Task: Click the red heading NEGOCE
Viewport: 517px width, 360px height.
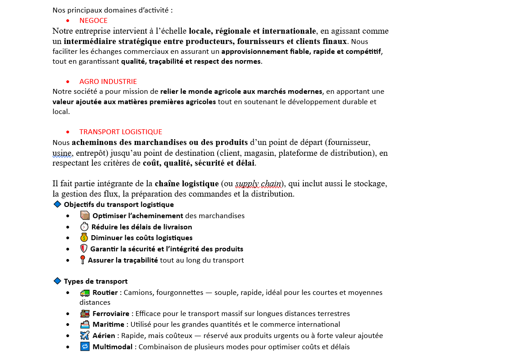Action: pyautogui.click(x=93, y=21)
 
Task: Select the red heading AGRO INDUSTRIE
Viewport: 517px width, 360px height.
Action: pyautogui.click(x=108, y=82)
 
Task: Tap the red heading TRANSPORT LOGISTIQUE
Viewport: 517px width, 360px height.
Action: pyautogui.click(x=120, y=132)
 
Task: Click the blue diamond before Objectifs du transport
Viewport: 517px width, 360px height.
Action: pyautogui.click(x=57, y=204)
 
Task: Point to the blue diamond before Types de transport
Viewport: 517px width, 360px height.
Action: pyautogui.click(x=57, y=281)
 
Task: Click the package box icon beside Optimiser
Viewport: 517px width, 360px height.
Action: pyautogui.click(x=85, y=215)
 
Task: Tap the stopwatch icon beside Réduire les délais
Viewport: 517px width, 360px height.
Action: pyautogui.click(x=84, y=227)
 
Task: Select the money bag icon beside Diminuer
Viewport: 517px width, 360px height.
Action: pyautogui.click(x=84, y=237)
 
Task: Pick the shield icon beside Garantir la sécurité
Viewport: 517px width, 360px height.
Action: pyautogui.click(x=83, y=249)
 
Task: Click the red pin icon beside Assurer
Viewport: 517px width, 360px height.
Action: pyautogui.click(x=83, y=260)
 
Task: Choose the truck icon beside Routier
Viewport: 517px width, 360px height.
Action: pyautogui.click(x=85, y=293)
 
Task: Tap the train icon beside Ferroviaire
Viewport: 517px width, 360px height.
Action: pyautogui.click(x=85, y=313)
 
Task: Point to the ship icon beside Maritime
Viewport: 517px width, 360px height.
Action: pyautogui.click(x=85, y=324)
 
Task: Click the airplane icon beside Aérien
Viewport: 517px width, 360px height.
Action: pyautogui.click(x=85, y=335)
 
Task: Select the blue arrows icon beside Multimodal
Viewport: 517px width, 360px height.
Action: pyautogui.click(x=85, y=347)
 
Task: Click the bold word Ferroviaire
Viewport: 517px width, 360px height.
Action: pyautogui.click(x=110, y=314)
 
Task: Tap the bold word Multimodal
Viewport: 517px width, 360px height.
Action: pyautogui.click(x=112, y=347)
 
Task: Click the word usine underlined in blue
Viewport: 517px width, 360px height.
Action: pyautogui.click(x=62, y=153)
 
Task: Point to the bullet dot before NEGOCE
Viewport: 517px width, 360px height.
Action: pyautogui.click(x=68, y=21)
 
